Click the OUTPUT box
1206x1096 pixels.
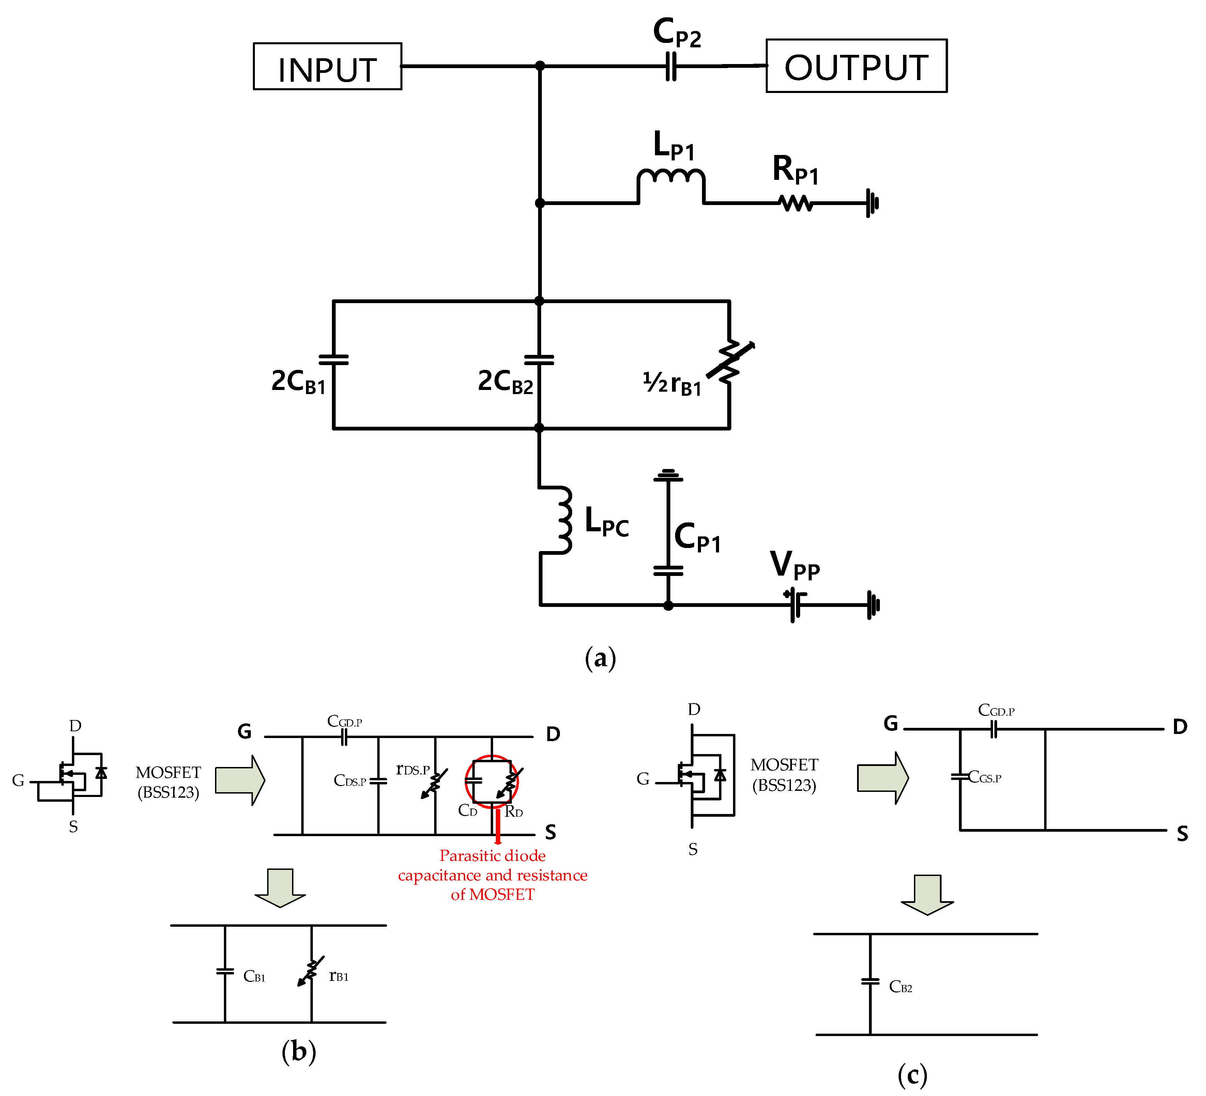click(856, 66)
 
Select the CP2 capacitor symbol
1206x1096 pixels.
click(671, 66)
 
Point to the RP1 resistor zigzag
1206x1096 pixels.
click(796, 204)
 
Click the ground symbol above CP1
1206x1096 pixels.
click(668, 475)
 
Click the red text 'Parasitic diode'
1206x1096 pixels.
click(492, 856)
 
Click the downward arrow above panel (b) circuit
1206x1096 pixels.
click(280, 887)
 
